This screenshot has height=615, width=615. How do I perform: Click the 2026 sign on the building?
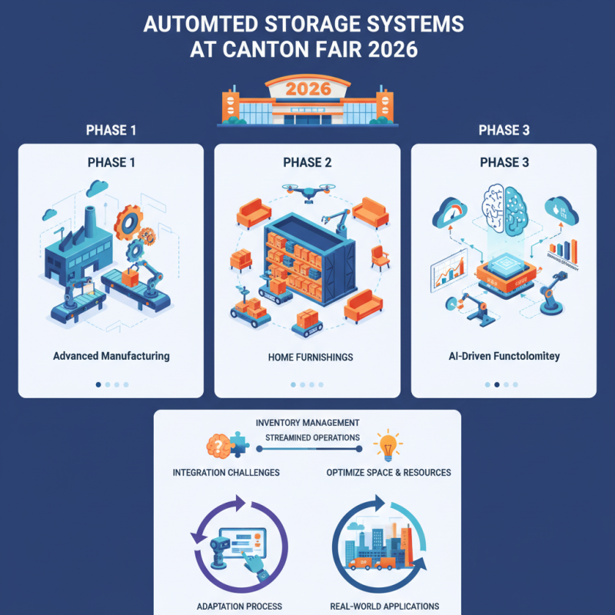(x=307, y=88)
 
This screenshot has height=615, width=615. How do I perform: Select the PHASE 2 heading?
(x=307, y=163)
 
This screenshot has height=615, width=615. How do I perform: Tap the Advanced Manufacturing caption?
(x=111, y=357)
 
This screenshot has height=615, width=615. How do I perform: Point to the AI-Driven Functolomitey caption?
(x=504, y=357)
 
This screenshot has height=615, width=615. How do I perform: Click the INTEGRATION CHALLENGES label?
(x=226, y=472)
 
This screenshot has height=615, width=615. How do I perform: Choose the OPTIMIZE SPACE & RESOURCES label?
(x=388, y=472)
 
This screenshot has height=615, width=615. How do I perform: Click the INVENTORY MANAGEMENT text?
(x=307, y=423)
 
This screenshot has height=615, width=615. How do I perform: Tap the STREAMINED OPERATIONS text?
(x=312, y=437)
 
